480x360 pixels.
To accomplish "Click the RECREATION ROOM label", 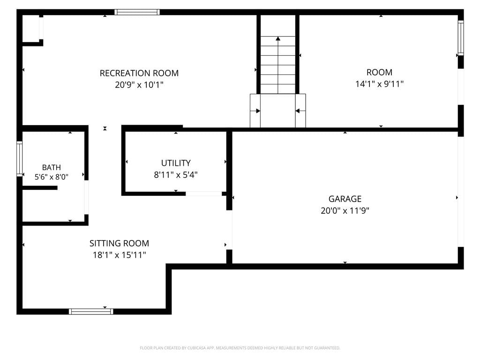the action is click(139, 73).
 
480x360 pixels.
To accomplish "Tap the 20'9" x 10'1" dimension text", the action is click(139, 84).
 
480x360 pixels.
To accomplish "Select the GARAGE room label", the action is click(345, 199).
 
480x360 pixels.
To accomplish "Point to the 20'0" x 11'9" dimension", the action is click(345, 210).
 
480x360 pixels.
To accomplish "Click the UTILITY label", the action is click(176, 163).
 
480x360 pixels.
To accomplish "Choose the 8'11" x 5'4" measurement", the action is click(176, 175).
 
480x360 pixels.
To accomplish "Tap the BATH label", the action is click(52, 167).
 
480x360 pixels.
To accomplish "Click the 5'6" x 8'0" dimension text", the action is click(52, 177).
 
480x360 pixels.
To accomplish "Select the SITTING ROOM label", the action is click(119, 243).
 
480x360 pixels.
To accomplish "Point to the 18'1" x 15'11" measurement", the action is click(119, 255).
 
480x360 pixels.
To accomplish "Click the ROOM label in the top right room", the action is click(379, 72).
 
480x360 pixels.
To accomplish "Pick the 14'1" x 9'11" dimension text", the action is click(379, 84).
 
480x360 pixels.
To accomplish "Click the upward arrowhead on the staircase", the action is click(278, 38).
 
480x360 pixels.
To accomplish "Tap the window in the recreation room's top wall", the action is click(137, 12).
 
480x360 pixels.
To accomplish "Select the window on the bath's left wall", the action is click(20, 158).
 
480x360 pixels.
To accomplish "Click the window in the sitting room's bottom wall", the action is click(91, 312).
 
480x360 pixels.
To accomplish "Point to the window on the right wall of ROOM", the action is click(461, 38).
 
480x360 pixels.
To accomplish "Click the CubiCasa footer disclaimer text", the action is click(240, 348).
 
